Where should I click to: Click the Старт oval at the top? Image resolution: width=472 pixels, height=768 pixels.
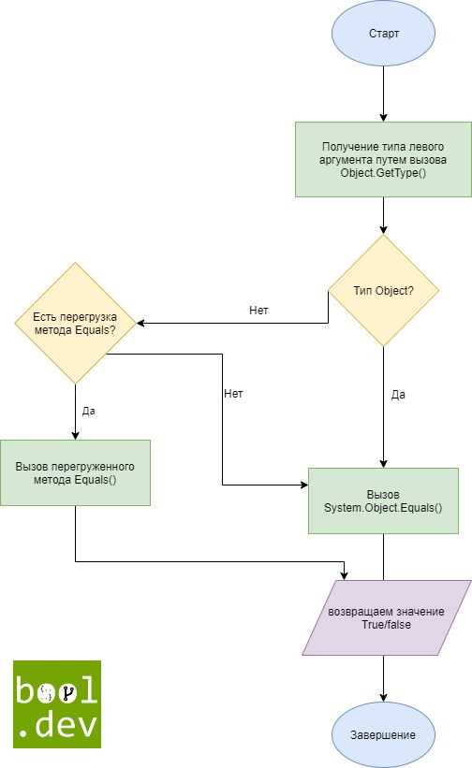click(x=383, y=34)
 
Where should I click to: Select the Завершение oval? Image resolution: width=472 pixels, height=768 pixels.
click(x=383, y=734)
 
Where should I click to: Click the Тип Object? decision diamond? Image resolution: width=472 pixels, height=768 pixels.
click(x=383, y=291)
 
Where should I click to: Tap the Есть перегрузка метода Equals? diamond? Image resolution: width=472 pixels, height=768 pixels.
click(x=75, y=324)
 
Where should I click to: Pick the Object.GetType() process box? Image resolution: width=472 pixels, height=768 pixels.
click(x=383, y=160)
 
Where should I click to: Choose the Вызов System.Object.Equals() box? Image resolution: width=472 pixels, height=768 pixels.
click(x=383, y=500)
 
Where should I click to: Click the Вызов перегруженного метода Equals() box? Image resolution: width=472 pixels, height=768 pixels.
click(x=75, y=472)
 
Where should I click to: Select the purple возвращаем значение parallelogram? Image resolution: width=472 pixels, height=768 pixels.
click(x=386, y=617)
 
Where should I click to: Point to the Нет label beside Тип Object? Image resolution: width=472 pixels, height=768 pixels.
click(x=258, y=310)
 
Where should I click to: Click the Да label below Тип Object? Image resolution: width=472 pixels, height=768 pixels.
click(x=398, y=394)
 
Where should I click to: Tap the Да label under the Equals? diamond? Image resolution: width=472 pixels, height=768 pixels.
click(x=89, y=411)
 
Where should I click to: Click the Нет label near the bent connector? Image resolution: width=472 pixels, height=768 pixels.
click(x=233, y=393)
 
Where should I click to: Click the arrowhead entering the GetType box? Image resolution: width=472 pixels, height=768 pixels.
click(x=383, y=118)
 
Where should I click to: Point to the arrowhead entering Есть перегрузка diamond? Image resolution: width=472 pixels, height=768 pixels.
click(x=140, y=324)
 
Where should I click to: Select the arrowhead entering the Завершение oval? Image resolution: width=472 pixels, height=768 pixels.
click(x=383, y=698)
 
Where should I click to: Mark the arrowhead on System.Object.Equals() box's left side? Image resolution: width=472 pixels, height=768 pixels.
click(x=303, y=485)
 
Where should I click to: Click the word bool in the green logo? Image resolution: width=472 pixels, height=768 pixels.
click(x=56, y=690)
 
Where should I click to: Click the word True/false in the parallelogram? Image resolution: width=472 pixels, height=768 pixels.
click(x=386, y=625)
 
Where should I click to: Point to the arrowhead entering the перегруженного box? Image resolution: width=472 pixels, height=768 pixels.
click(x=75, y=436)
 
